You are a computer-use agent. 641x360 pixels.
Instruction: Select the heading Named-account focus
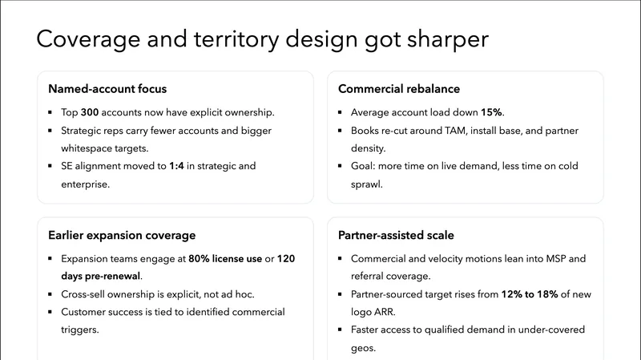[107, 88]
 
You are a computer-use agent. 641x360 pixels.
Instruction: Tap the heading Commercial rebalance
[399, 88]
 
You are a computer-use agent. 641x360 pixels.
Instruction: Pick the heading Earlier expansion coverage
[122, 235]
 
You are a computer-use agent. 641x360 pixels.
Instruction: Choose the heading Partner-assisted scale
[396, 235]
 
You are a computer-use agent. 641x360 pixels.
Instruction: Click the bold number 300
[90, 112]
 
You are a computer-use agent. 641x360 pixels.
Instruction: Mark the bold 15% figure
[492, 112]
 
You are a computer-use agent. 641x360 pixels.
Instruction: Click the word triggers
[79, 330]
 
